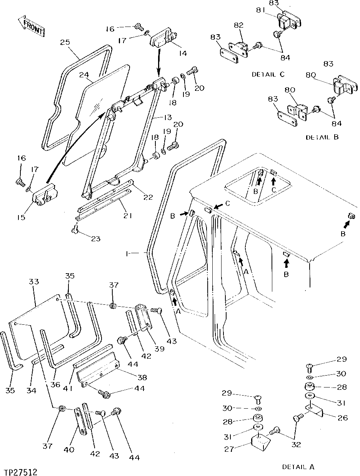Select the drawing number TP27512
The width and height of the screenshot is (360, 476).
pyautogui.click(x=22, y=470)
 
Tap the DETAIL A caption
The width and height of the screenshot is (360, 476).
pyautogui.click(x=298, y=466)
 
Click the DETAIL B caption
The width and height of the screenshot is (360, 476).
pyautogui.click(x=322, y=137)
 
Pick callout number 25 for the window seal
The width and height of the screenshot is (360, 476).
pyautogui.click(x=65, y=42)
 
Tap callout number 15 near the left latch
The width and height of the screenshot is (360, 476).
pyautogui.click(x=21, y=217)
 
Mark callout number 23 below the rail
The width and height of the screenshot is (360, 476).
pyautogui.click(x=95, y=239)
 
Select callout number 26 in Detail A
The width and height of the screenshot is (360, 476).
pyautogui.click(x=343, y=418)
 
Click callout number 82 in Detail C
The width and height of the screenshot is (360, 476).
pyautogui.click(x=239, y=25)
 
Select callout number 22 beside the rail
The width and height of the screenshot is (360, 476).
pyautogui.click(x=148, y=197)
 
